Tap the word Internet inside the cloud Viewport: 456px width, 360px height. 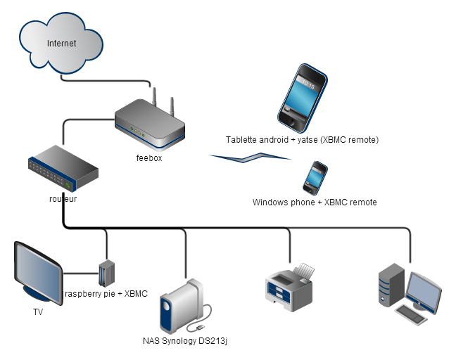(62, 44)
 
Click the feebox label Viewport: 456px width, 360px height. (149, 157)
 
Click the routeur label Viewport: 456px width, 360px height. (63, 199)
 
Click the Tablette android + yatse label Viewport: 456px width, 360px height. (302, 140)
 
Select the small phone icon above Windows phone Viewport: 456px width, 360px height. (315, 177)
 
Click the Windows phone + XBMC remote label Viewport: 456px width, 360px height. (315, 202)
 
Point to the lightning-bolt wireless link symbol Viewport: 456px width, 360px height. (250, 159)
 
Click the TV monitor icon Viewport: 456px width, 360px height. (39, 271)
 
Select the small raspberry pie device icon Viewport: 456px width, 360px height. (106, 272)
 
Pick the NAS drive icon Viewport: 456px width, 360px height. (180, 305)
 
